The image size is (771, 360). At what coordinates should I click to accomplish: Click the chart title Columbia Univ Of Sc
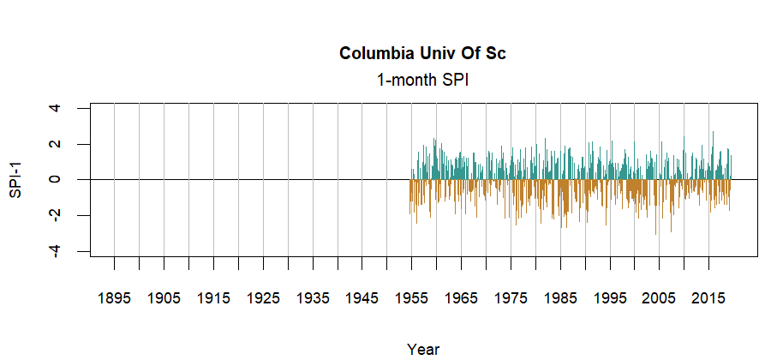[423, 54]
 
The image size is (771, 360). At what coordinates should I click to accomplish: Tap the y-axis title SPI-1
[15, 180]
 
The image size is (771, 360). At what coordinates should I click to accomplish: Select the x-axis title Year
[423, 349]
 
